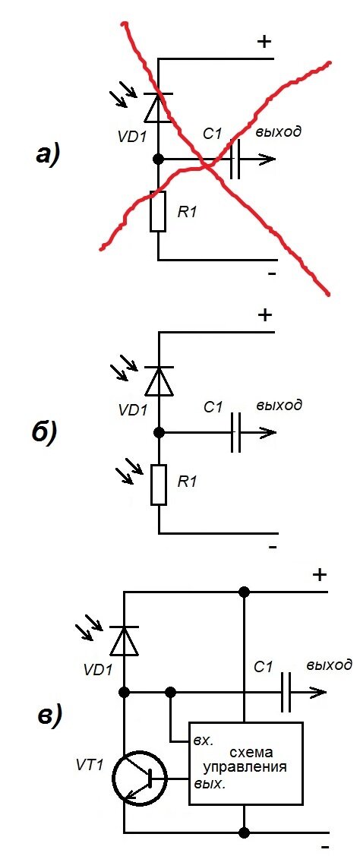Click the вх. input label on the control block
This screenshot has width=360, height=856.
[203, 742]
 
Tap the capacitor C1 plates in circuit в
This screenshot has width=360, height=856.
[285, 692]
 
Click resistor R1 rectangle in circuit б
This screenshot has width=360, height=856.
[159, 485]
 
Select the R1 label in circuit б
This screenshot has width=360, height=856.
[188, 482]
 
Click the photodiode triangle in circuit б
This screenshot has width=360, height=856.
[159, 381]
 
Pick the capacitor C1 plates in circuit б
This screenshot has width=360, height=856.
[235, 432]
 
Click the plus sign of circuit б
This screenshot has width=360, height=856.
[264, 315]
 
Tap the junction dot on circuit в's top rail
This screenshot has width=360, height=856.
[244, 592]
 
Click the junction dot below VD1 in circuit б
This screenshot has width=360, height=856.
[159, 432]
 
